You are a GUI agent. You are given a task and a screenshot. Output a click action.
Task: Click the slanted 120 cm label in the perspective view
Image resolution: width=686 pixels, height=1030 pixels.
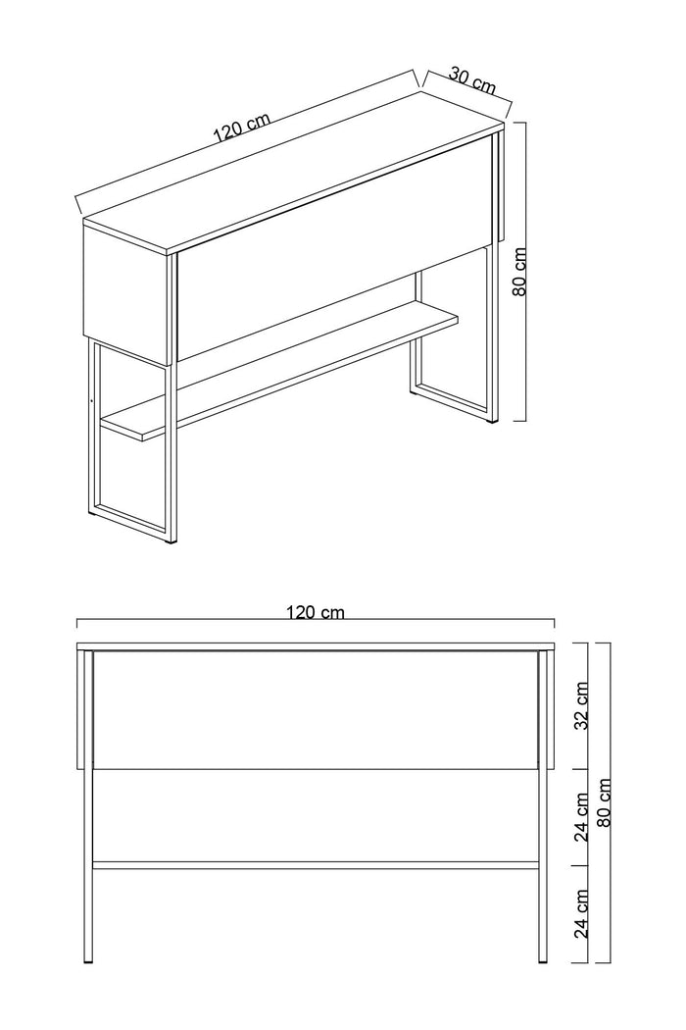pyautogui.click(x=241, y=129)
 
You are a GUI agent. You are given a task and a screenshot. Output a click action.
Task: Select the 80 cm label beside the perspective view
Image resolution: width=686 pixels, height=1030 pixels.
pyautogui.click(x=520, y=272)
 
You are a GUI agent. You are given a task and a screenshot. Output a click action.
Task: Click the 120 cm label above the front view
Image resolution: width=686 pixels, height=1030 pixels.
pyautogui.click(x=315, y=612)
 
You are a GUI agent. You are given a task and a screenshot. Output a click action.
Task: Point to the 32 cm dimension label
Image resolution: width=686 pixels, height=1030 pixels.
pyautogui.click(x=581, y=706)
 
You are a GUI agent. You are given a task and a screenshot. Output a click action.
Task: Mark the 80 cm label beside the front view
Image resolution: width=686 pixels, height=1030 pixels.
pyautogui.click(x=605, y=802)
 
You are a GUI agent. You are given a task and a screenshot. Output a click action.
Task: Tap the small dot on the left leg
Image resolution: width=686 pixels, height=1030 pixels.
pyautogui.click(x=91, y=400)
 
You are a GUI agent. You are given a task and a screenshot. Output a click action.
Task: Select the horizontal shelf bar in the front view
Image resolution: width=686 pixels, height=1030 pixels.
pyautogui.click(x=315, y=865)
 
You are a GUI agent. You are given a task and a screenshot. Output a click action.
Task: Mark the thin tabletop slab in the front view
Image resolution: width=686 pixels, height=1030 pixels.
pyautogui.click(x=315, y=645)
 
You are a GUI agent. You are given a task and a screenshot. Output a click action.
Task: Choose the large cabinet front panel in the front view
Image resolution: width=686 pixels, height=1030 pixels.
pyautogui.click(x=315, y=708)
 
